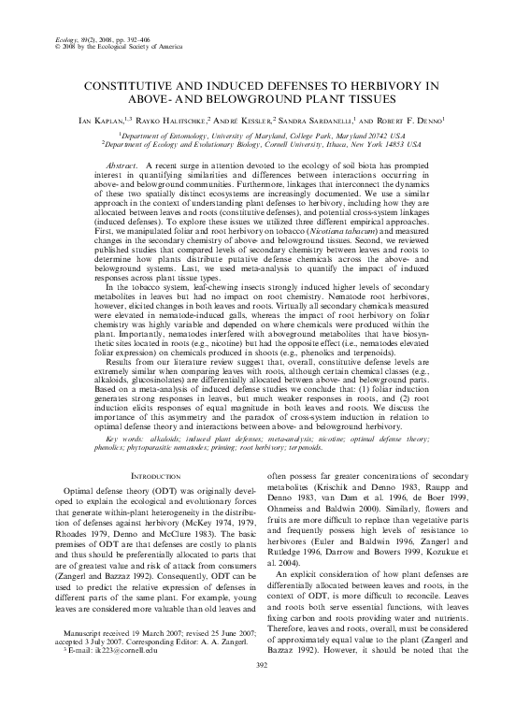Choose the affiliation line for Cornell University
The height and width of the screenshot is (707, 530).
[265, 145]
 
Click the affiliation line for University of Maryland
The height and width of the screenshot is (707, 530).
[265, 135]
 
